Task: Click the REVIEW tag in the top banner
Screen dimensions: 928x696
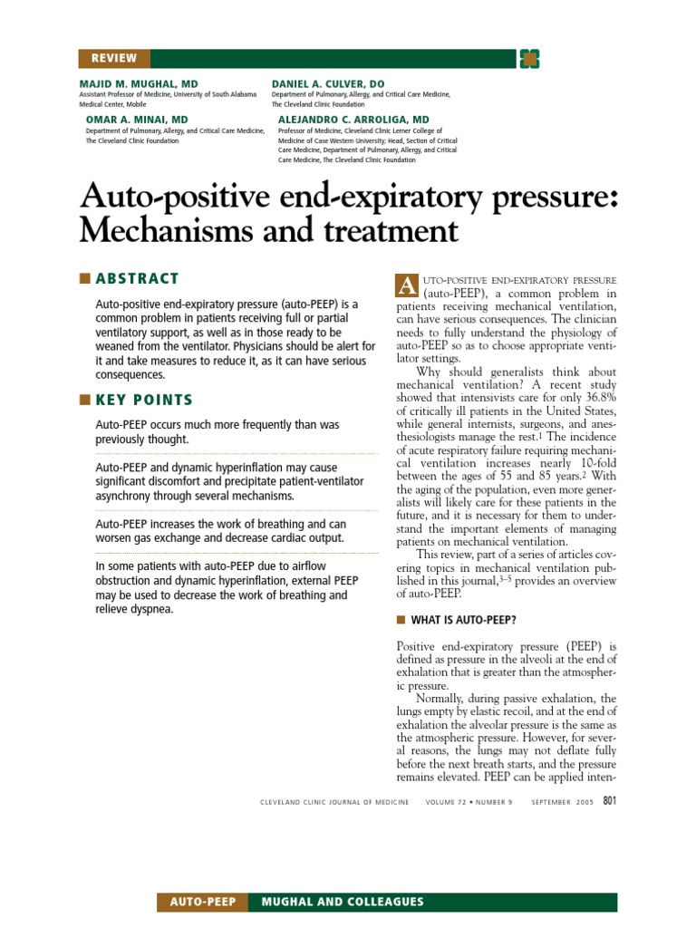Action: tap(113, 59)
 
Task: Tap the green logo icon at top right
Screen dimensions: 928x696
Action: tap(529, 59)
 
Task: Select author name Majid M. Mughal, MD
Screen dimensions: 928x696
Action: tap(138, 83)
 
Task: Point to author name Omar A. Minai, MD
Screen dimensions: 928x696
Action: tap(137, 120)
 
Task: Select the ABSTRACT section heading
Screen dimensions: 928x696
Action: tap(137, 278)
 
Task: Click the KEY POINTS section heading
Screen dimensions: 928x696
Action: tap(144, 400)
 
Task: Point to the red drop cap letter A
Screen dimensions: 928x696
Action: tap(405, 285)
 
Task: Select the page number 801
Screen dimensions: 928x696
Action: tap(609, 800)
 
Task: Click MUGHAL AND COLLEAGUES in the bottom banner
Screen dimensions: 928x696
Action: tap(342, 902)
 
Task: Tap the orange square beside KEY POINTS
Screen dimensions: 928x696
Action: tap(85, 400)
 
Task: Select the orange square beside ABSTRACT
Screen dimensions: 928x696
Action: tap(85, 278)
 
